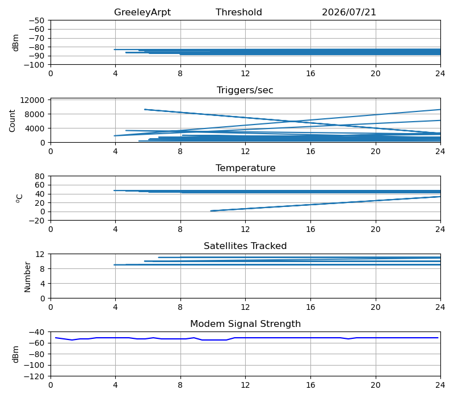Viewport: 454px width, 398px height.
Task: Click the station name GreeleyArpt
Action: (142, 12)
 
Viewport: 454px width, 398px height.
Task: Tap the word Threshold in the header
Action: (238, 12)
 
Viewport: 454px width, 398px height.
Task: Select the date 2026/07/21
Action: (349, 12)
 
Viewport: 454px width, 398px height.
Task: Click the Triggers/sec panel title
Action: (245, 90)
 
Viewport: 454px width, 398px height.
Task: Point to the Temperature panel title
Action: (245, 168)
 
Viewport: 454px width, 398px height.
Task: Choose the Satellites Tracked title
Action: (245, 246)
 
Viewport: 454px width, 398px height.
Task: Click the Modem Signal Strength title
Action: (245, 324)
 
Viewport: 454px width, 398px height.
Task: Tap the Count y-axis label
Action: (12, 121)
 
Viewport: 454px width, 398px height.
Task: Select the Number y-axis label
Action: (27, 277)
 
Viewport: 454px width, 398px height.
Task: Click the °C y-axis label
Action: (19, 198)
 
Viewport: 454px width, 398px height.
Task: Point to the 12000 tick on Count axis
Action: (32, 100)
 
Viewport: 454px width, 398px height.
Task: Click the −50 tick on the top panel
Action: (36, 20)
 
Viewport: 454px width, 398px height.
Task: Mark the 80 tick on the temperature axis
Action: (40, 176)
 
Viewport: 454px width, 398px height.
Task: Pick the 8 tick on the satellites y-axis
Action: (43, 269)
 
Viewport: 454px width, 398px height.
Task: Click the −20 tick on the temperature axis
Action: (36, 221)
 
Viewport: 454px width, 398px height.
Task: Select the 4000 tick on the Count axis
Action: (35, 128)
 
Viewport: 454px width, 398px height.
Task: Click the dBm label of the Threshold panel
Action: (16, 43)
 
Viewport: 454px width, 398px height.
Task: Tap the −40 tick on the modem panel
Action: (36, 332)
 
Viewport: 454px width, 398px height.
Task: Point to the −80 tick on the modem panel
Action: (36, 354)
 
